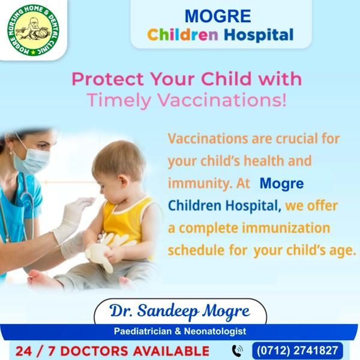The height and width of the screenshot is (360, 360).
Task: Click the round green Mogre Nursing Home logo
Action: pos(33,30)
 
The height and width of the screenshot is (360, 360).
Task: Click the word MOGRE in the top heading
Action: pos(218,16)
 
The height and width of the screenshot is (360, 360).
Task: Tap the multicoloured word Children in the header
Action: pos(182,35)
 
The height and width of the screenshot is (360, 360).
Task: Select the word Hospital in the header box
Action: pos(259,35)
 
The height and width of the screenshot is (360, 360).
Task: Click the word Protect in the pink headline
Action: pos(107,79)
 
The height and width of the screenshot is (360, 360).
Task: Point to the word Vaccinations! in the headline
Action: pos(222,100)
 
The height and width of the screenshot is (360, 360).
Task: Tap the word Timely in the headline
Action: pos(119,101)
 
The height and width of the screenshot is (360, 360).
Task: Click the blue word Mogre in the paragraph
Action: pos(282,184)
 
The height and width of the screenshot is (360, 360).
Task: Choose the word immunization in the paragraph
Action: pos(286,228)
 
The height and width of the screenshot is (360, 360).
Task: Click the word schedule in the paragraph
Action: pos(196,250)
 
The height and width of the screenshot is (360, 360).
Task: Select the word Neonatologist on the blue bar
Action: pos(215,331)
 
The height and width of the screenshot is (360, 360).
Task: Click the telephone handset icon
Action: pos(238,351)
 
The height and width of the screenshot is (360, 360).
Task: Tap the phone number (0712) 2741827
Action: pos(298,350)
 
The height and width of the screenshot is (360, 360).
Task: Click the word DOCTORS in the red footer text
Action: pos(94,351)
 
